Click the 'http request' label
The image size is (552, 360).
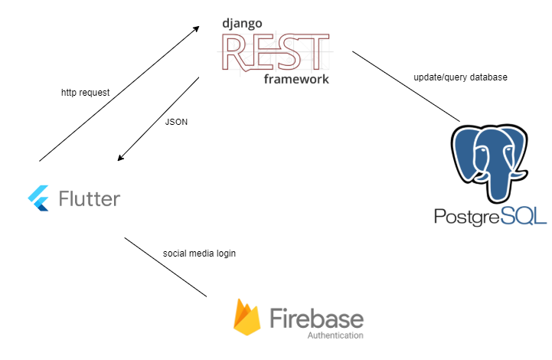[85, 93]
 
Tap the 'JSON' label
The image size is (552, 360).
[176, 122]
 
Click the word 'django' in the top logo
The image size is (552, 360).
[242, 24]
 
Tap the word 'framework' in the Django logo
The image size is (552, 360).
[296, 79]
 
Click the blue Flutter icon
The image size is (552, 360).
[38, 198]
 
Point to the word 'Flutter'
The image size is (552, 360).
[90, 198]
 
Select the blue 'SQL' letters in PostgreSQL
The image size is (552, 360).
[524, 216]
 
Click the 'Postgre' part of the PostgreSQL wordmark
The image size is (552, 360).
[465, 216]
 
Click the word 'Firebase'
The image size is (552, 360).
[316, 316]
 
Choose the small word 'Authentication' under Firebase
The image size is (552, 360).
[335, 335]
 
